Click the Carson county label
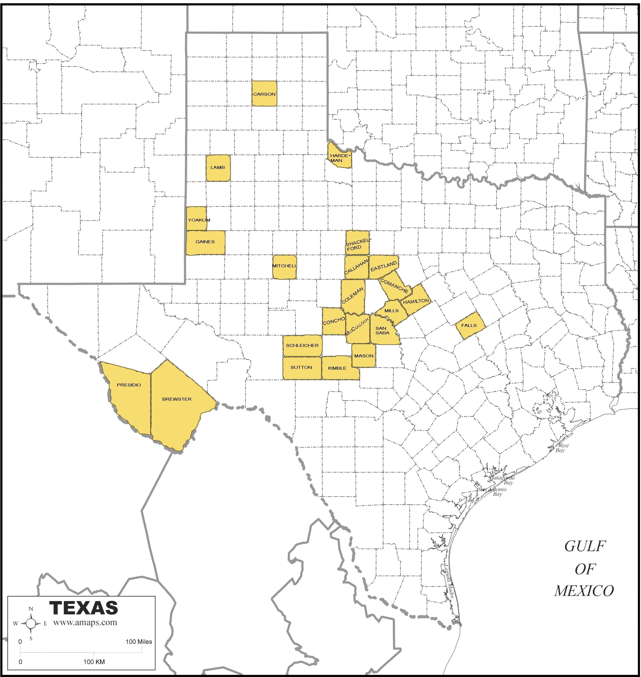[264, 94]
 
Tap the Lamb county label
[218, 167]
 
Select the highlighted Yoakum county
[197, 218]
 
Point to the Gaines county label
[205, 242]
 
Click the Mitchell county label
[284, 266]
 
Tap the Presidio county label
[129, 385]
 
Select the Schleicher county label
[302, 345]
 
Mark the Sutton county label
[301, 367]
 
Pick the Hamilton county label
[416, 301]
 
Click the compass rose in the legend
[31, 623]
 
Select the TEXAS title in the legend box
[84, 608]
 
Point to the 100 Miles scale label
[138, 642]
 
